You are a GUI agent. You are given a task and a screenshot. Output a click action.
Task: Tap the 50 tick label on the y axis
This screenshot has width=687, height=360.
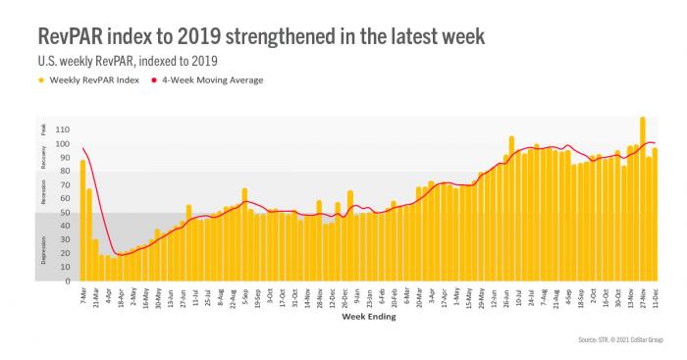point(64,213)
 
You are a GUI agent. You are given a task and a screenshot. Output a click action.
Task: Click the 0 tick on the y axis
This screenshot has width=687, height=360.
point(67,282)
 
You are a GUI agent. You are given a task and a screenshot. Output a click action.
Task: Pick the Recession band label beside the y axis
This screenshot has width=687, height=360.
point(43,192)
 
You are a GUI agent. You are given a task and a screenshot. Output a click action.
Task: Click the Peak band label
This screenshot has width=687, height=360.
point(43,129)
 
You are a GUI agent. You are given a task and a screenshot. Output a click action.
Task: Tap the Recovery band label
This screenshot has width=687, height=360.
point(43,157)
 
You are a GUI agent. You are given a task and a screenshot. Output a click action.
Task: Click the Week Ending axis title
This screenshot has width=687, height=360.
point(369,316)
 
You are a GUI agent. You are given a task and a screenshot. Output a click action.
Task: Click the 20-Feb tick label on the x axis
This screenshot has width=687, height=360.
point(394,296)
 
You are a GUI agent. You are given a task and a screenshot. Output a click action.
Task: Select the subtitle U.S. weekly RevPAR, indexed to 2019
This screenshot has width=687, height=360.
point(131,61)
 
